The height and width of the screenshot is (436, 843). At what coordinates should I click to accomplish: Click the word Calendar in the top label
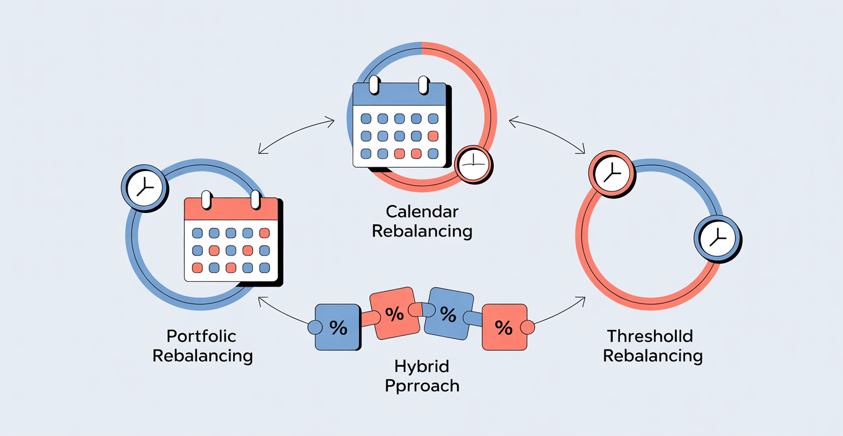pos(422,212)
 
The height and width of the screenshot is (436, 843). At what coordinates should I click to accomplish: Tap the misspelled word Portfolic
pos(201,336)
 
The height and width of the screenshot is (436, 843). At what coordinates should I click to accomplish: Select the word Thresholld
pos(650,336)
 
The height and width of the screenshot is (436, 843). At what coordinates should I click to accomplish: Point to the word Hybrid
pos(422,367)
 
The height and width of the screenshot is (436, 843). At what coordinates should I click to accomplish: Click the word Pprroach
pos(422,386)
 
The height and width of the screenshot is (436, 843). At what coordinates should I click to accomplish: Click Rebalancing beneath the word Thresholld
pos(653,356)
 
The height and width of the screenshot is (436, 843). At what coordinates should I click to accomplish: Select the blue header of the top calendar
pos(400,94)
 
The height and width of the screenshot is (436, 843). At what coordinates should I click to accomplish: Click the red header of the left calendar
pos(231,209)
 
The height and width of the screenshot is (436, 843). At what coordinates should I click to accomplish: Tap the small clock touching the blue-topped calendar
pos(473,165)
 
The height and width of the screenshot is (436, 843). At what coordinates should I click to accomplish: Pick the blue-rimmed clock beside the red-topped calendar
pos(144,188)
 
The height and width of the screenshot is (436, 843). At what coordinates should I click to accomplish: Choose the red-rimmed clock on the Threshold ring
pos(612,173)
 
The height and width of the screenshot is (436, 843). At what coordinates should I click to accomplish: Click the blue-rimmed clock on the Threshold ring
pos(717,238)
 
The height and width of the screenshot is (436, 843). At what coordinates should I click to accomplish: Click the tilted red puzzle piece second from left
pos(395,313)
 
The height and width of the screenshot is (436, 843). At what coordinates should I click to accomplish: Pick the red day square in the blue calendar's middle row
pos(433,136)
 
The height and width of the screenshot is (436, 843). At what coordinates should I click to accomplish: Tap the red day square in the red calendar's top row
pos(265,233)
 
